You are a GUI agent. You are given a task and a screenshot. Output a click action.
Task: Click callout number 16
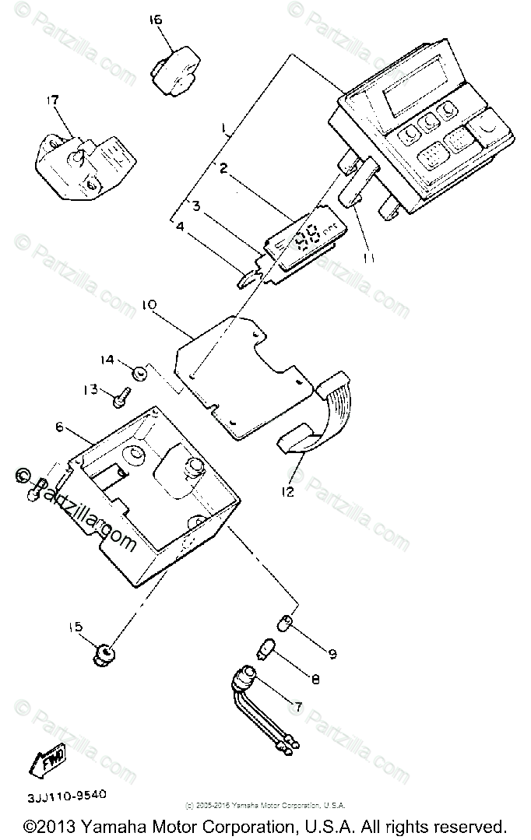(x=155, y=19)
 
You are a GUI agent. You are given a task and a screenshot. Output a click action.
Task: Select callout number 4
(x=180, y=227)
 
